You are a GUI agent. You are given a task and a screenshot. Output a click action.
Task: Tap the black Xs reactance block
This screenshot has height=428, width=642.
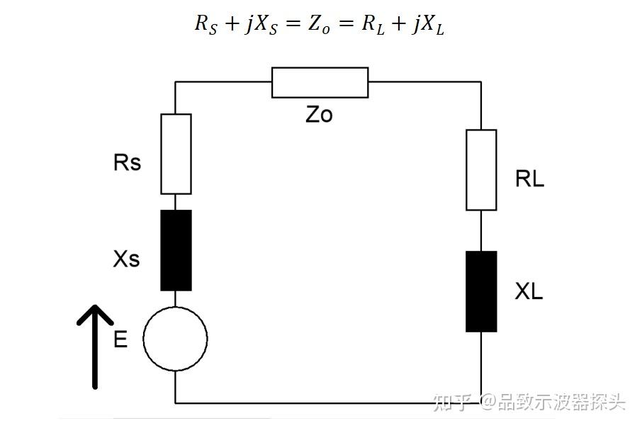click(176, 251)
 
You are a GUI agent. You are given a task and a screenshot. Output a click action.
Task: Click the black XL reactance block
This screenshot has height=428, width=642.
click(481, 292)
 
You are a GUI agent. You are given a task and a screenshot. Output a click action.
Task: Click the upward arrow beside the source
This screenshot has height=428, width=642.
click(95, 347)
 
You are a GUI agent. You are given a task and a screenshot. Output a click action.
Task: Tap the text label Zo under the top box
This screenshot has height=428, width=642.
click(320, 115)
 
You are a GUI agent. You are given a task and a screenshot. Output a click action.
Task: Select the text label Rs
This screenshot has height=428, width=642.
click(127, 162)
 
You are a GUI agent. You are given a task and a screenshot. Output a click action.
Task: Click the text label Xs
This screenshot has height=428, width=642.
click(127, 259)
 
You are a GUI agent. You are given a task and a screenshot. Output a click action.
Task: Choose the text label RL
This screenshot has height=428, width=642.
click(529, 179)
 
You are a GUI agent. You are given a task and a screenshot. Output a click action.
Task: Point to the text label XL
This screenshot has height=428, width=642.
click(529, 291)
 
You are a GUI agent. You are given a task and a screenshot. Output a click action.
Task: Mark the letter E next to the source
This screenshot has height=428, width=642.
click(120, 339)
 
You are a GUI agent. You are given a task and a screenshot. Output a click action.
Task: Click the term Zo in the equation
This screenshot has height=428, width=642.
click(319, 24)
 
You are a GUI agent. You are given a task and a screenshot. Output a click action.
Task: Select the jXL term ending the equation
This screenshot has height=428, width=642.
click(429, 25)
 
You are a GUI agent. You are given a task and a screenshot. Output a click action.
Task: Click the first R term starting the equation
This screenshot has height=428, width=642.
click(206, 24)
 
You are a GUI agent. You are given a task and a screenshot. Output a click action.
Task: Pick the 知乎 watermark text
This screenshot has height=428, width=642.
click(451, 402)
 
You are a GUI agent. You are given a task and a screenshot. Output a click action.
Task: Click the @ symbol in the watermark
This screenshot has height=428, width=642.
click(488, 402)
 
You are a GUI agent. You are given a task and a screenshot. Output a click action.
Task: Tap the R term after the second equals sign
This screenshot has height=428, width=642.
click(373, 24)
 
